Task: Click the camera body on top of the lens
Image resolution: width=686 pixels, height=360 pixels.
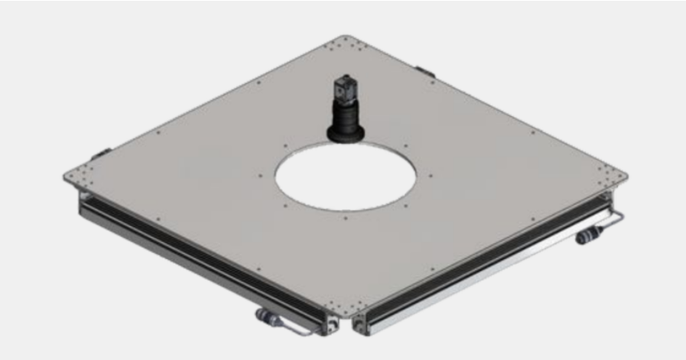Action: pos(344,89)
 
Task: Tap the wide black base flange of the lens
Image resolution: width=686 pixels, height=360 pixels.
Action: pos(346,135)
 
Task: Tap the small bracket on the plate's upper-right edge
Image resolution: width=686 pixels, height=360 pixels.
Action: pos(424,70)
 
